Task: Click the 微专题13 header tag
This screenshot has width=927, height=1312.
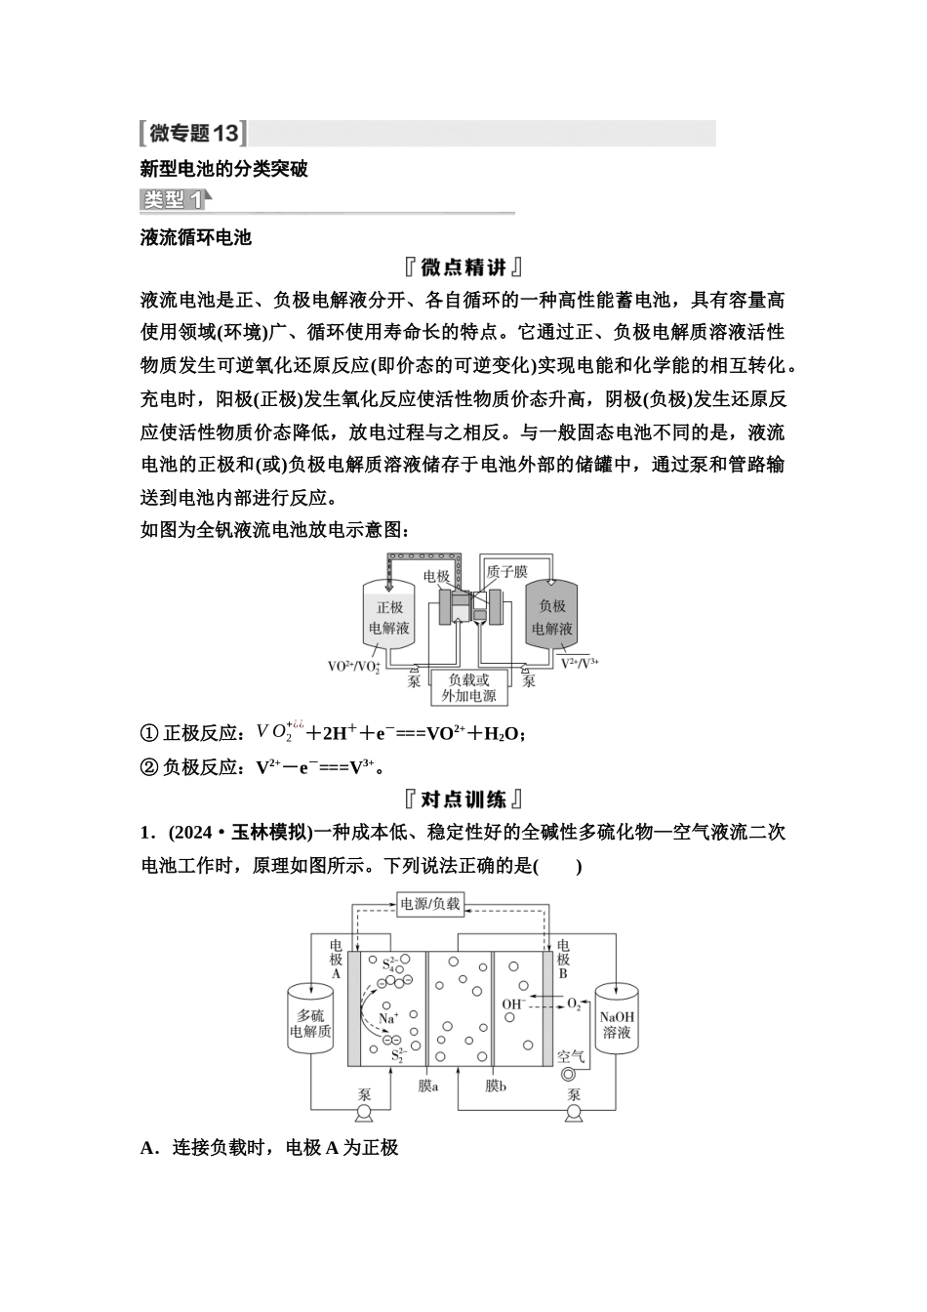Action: [192, 133]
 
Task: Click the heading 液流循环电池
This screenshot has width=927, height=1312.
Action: [196, 236]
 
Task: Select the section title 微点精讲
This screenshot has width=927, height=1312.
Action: [463, 267]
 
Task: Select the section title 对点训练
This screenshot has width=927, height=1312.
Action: [463, 799]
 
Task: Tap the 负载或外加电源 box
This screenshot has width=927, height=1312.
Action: [468, 687]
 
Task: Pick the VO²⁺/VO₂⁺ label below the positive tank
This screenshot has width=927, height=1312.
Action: [354, 667]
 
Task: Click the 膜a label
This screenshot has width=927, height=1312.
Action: [427, 1085]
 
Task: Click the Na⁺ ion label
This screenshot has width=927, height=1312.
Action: [387, 1017]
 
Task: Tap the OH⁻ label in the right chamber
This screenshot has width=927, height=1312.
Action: [513, 1004]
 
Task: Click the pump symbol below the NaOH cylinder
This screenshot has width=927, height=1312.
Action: [574, 1112]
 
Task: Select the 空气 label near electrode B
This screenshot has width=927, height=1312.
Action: [571, 1055]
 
